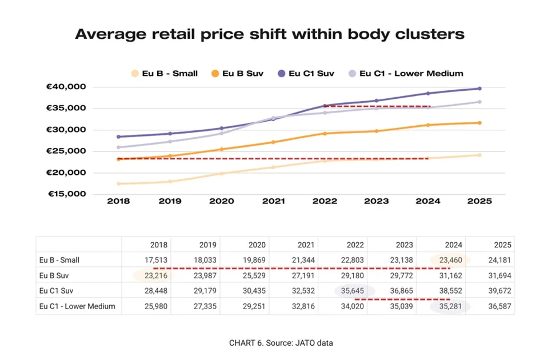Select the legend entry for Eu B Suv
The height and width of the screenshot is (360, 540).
[242, 73]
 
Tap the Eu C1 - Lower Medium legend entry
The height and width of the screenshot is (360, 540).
[410, 73]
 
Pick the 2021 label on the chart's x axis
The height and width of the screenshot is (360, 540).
[273, 202]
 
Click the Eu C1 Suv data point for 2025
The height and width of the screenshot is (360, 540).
[479, 89]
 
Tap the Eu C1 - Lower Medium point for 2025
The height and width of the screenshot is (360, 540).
[479, 102]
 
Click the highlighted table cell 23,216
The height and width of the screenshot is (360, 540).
[155, 275]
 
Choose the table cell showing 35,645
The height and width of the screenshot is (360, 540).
[354, 290]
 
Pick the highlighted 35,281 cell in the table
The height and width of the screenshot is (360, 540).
[450, 306]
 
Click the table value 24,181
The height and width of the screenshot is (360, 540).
[499, 259]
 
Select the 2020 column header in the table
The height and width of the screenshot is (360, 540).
[257, 244]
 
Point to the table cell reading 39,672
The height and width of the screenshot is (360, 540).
[499, 290]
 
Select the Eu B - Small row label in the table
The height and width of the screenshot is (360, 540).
[59, 259]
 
